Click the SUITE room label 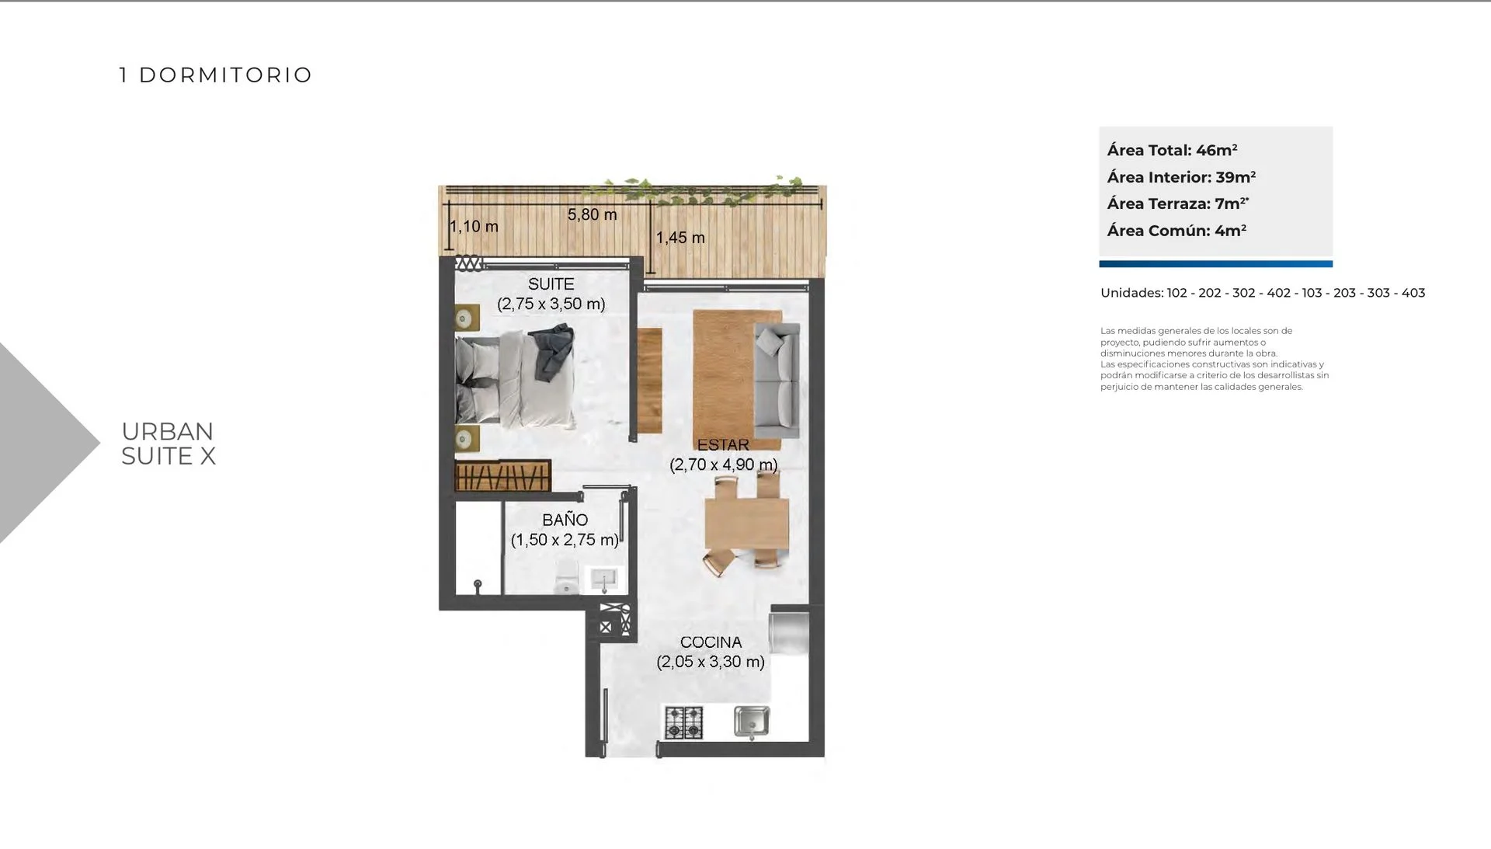pos(551,284)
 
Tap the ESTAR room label pos(723,445)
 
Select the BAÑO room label pos(565,520)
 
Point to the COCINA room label pos(711,642)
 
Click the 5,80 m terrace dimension pos(593,214)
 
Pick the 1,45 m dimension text pos(680,238)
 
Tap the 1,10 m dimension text pos(474,227)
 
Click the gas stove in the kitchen pos(684,722)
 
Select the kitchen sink pos(752,722)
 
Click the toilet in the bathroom pos(566,576)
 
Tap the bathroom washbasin pos(604,579)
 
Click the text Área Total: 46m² pos(1172,150)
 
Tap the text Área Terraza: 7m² pos(1177,204)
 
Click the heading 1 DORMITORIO pos(216,75)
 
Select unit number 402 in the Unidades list pos(1278,293)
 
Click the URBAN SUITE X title pos(169,444)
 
